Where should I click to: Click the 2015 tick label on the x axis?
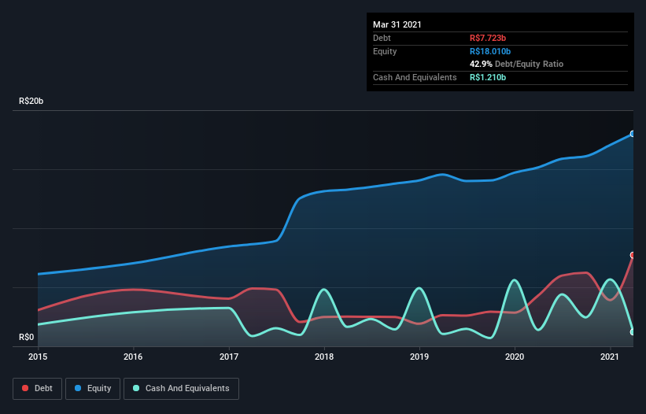pos(38,357)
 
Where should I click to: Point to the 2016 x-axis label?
pos(134,357)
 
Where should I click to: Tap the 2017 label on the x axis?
pos(229,357)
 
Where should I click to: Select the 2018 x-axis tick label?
pos(324,357)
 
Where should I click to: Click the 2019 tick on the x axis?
pos(419,357)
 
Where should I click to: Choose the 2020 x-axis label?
pos(515,357)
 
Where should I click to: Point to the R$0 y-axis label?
pos(27,338)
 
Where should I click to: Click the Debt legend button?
pos(35,388)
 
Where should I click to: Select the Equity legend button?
pos(93,388)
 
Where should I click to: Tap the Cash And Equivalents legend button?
pos(181,388)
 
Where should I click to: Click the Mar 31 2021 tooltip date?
pos(397,24)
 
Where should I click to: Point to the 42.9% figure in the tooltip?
pos(480,64)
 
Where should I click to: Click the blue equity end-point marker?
pos(632,134)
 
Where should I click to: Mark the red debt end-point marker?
pos(632,255)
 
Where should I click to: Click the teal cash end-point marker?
pos(632,331)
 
